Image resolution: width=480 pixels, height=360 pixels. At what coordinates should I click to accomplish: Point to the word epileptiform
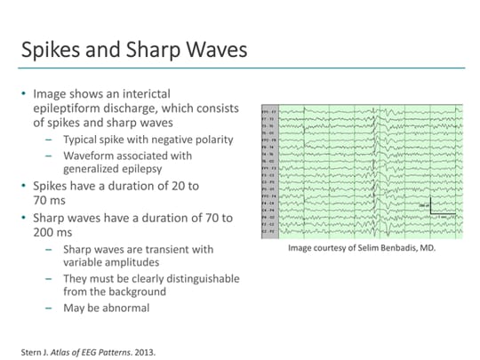[x=68, y=108]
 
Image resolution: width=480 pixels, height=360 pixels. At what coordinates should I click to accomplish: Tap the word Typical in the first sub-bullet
[x=81, y=140]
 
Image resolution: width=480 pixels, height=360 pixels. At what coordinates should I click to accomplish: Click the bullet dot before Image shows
[x=23, y=92]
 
